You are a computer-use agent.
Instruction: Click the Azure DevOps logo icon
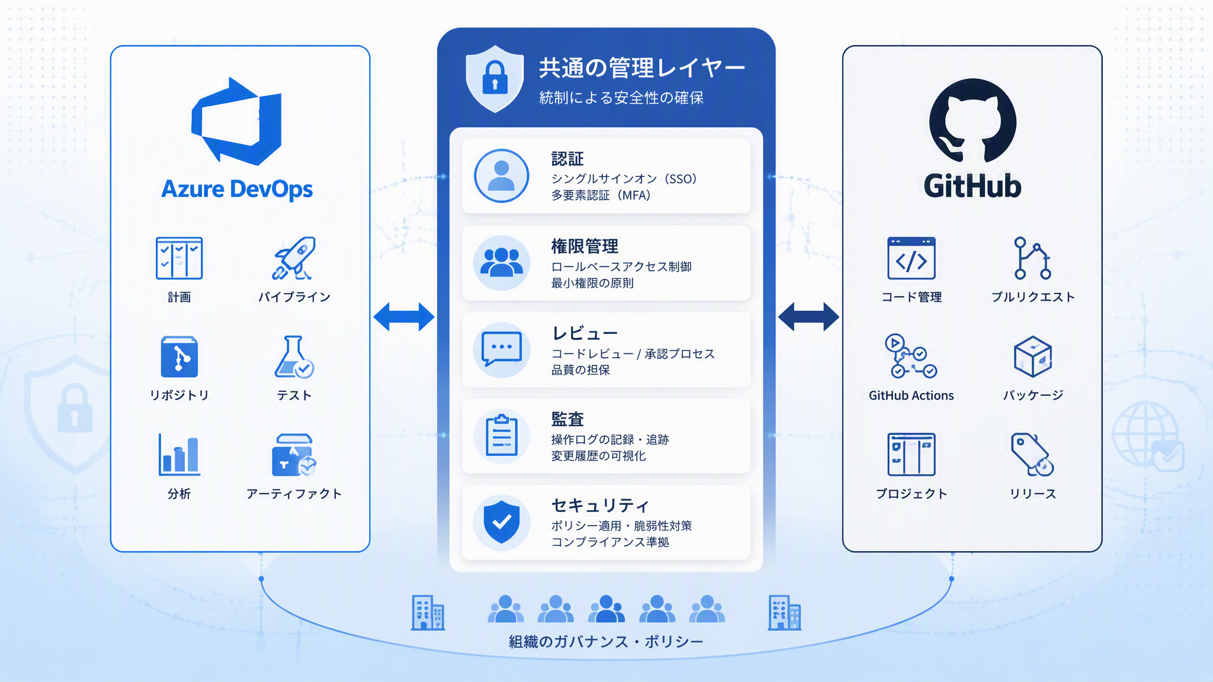[x=236, y=121]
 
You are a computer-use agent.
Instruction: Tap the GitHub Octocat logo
[x=973, y=121]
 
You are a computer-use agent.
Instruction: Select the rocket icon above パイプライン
[x=294, y=258]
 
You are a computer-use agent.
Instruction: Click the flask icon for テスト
[x=294, y=357]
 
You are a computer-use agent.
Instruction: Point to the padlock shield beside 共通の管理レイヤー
[x=495, y=78]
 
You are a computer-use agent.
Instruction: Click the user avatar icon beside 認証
[x=502, y=176]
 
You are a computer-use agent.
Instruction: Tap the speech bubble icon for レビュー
[x=502, y=349]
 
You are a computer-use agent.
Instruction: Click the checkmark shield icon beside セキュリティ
[x=502, y=522]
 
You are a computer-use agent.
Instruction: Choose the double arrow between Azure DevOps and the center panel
[x=404, y=317]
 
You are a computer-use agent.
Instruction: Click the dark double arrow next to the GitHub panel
[x=808, y=317]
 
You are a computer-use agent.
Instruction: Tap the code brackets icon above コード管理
[x=912, y=258]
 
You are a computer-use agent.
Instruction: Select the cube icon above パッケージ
[x=1032, y=357]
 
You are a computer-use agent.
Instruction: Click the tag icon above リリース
[x=1032, y=455]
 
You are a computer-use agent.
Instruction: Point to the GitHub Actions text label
[x=912, y=395]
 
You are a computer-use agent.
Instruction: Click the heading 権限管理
[x=585, y=246]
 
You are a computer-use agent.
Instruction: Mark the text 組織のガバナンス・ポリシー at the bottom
[x=606, y=642]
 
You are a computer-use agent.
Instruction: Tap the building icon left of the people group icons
[x=428, y=613]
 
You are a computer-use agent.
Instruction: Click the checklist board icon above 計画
[x=179, y=258]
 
